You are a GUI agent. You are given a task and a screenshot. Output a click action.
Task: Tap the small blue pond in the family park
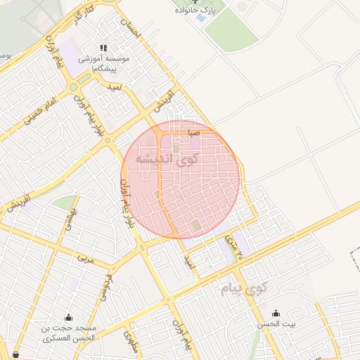202,18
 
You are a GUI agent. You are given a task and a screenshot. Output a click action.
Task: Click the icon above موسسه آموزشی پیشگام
103,49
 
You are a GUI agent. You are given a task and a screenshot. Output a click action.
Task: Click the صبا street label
194,132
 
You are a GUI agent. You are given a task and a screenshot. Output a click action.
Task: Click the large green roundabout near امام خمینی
73,87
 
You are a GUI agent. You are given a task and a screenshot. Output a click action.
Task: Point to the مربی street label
85,259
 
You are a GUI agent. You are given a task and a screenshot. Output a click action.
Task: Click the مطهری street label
131,342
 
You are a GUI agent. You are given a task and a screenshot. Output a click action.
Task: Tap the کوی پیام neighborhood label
243,288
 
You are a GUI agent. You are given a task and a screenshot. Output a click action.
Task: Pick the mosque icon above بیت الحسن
275,313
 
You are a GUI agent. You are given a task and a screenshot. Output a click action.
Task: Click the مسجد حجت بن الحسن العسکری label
68,333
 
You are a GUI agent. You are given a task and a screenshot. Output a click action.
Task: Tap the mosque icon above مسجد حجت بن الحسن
68,318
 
